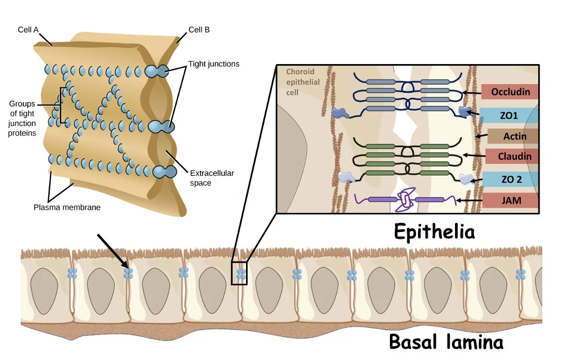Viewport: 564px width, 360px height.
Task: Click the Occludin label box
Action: pos(510,92)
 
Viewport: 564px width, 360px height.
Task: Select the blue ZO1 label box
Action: pos(508,115)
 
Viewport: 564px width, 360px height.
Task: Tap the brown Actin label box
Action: pos(513,136)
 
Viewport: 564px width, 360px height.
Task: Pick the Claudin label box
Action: pos(512,156)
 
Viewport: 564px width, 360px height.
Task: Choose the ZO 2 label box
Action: pos(511,179)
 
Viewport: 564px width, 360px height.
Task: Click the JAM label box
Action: pos(511,200)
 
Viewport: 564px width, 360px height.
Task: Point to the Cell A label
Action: pos(28,30)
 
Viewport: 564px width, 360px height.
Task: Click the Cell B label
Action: pos(199,30)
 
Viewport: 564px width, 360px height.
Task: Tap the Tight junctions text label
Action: pos(214,64)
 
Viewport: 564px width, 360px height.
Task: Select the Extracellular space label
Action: pos(212,178)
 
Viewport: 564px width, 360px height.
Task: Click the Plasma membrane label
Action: pos(67,207)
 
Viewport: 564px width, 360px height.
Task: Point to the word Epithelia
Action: pos(434,231)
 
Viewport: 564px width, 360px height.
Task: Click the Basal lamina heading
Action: pos(446,341)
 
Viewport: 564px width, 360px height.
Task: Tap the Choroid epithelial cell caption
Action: pos(303,82)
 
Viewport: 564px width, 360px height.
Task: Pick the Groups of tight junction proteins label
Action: pos(22,119)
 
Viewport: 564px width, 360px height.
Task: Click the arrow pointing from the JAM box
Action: pos(470,200)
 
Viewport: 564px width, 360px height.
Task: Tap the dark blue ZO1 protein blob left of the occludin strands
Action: pos(340,113)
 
